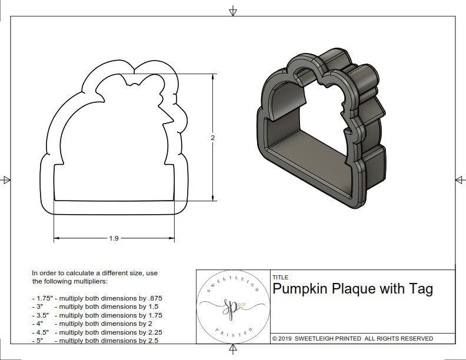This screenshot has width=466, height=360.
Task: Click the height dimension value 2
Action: click(x=212, y=137)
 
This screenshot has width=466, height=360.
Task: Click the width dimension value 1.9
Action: click(x=114, y=238)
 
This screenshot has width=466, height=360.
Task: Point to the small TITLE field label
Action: click(x=281, y=278)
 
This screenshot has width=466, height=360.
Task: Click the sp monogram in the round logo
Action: click(x=231, y=306)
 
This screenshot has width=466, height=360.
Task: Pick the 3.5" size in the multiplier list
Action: click(x=40, y=315)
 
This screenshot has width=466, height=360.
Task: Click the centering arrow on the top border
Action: click(x=233, y=11)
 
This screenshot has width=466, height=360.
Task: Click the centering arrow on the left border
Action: click(x=6, y=180)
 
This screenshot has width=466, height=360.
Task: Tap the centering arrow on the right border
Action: click(x=460, y=179)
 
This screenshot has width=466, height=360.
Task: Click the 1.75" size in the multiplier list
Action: click(x=42, y=298)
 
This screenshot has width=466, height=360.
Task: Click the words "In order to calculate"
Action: click(x=65, y=273)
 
